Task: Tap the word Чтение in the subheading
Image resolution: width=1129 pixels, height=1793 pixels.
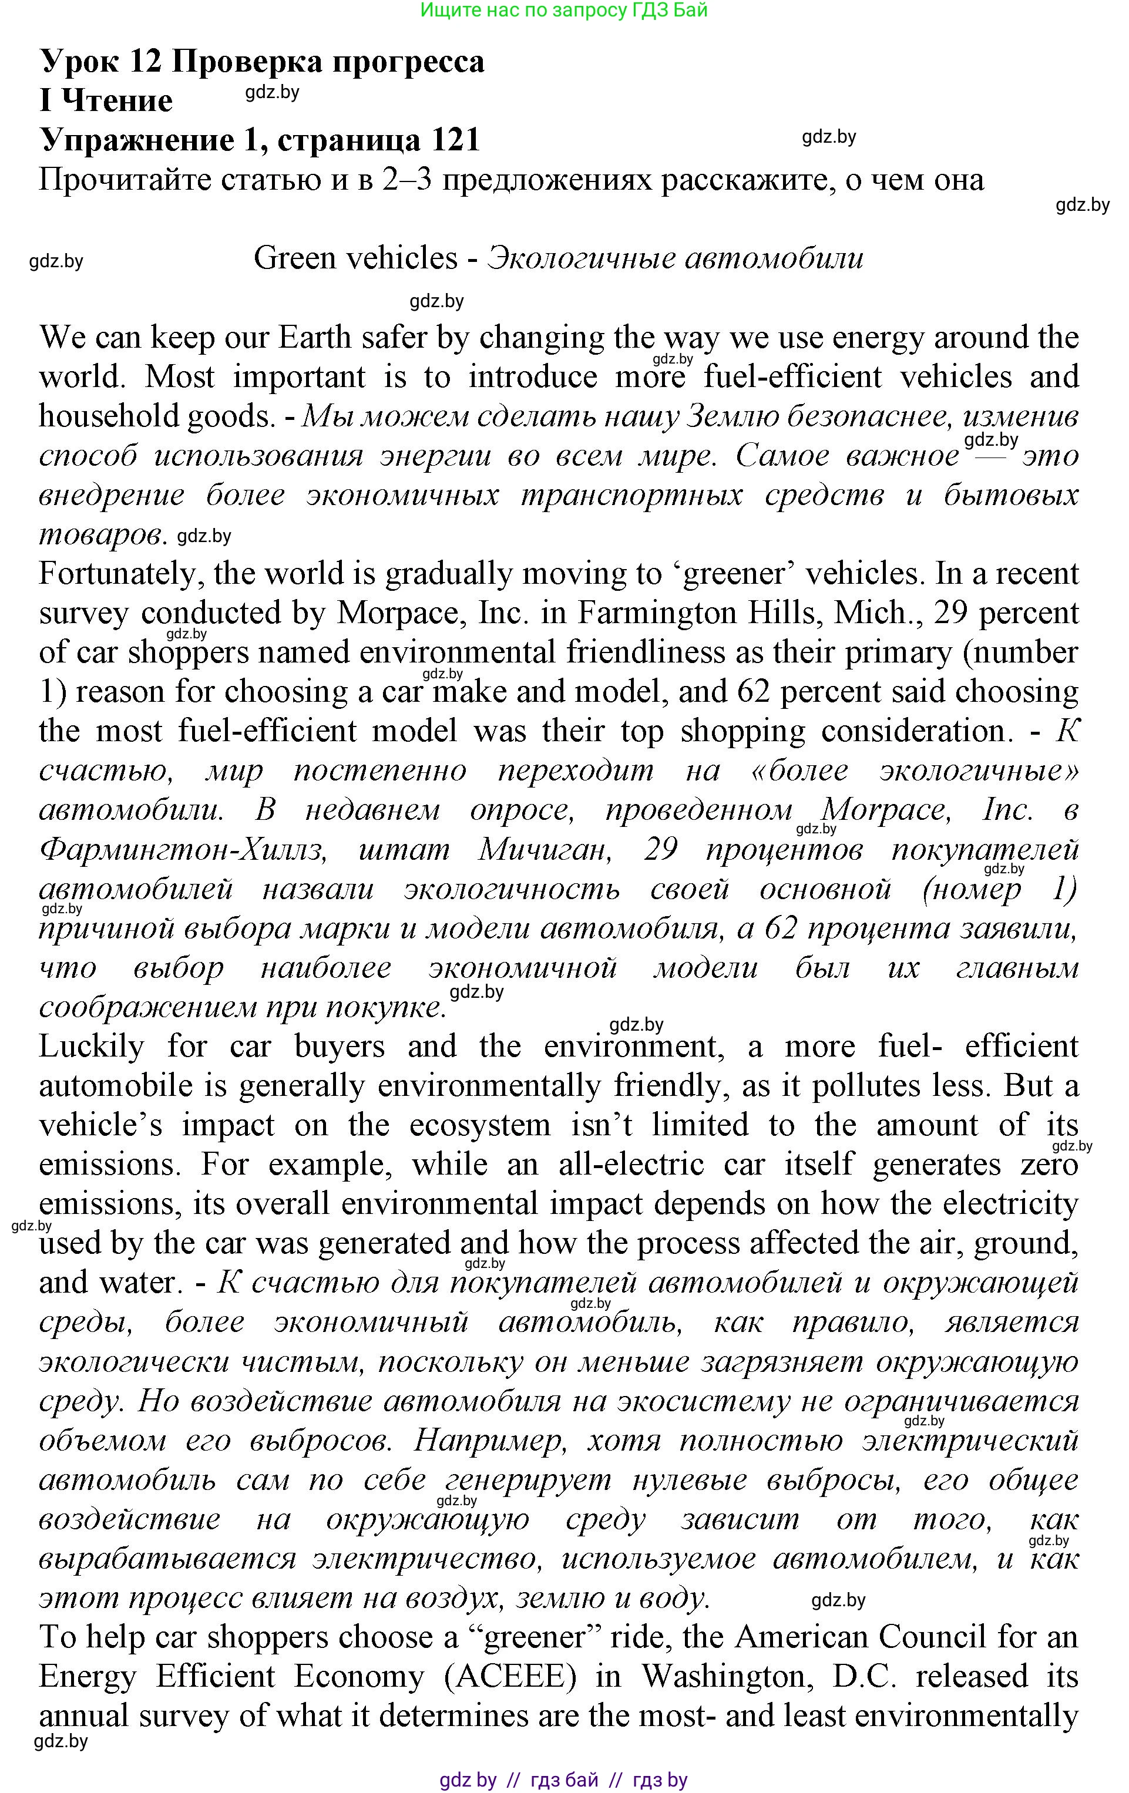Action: [x=117, y=101]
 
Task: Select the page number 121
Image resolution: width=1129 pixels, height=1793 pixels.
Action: [x=454, y=140]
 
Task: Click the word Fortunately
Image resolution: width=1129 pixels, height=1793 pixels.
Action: [x=119, y=574]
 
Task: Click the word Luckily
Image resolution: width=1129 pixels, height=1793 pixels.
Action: [x=91, y=1047]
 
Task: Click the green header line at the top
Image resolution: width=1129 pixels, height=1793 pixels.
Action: [x=564, y=11]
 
